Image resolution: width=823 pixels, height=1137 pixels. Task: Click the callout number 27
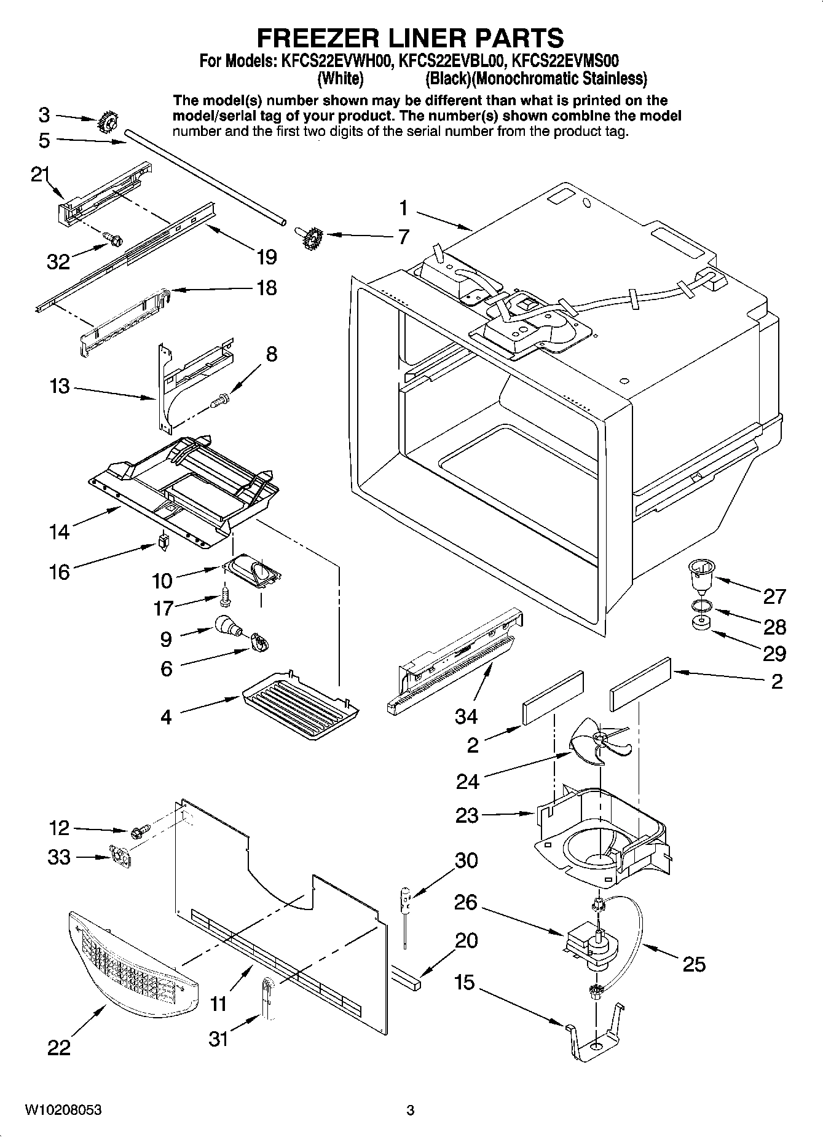[774, 596]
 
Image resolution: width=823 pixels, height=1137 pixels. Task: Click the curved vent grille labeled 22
[132, 967]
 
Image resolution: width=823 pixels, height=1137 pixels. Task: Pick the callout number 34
[467, 716]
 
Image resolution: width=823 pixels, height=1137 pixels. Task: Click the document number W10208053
[63, 1111]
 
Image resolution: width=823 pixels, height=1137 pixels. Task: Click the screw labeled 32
[113, 238]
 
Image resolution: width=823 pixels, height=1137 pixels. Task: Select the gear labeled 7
[312, 236]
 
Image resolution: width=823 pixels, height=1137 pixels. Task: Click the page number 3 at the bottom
[410, 1111]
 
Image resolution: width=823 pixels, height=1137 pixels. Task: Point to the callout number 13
[60, 387]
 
